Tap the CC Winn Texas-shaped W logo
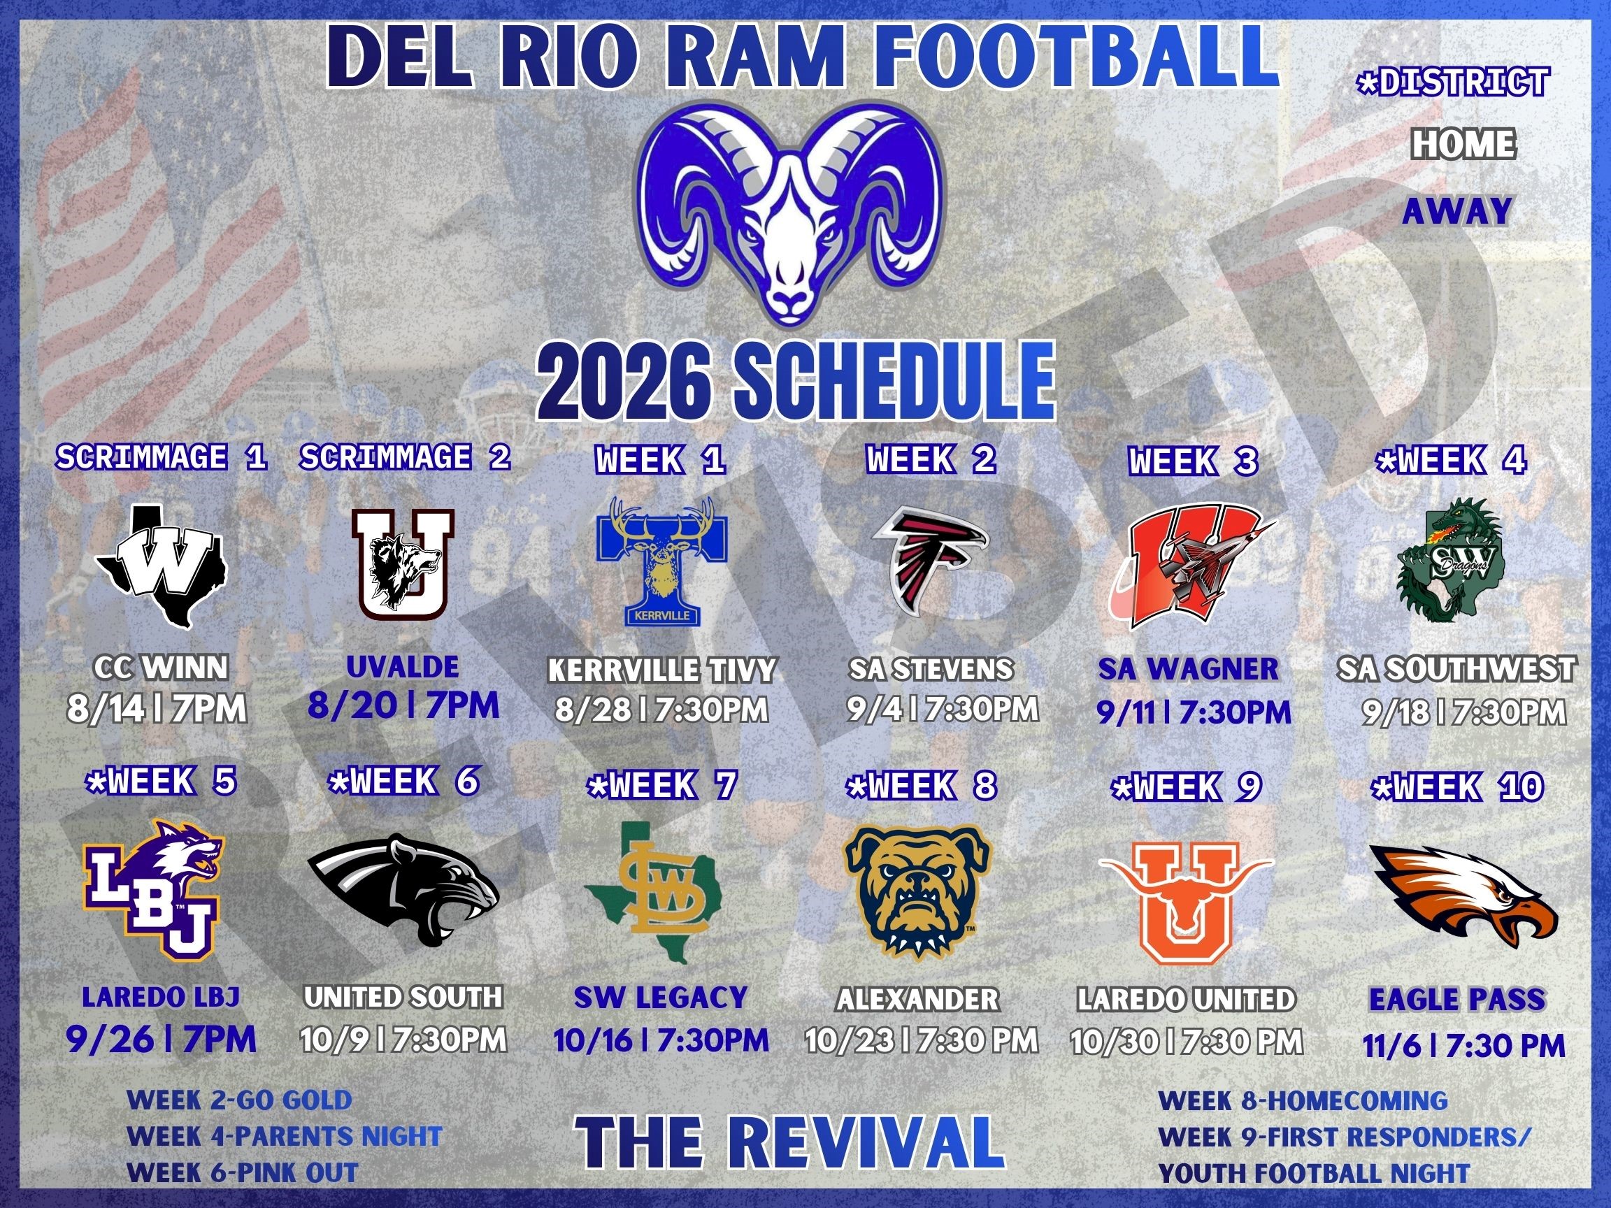pos(162,566)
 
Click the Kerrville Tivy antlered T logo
pos(660,562)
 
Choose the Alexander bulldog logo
pos(919,890)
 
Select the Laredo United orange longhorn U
pos(1187,901)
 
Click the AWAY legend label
pos(1456,212)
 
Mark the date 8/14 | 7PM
pos(157,708)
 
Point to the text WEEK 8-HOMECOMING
pos(1302,1100)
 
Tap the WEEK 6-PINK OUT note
pos(243,1173)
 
